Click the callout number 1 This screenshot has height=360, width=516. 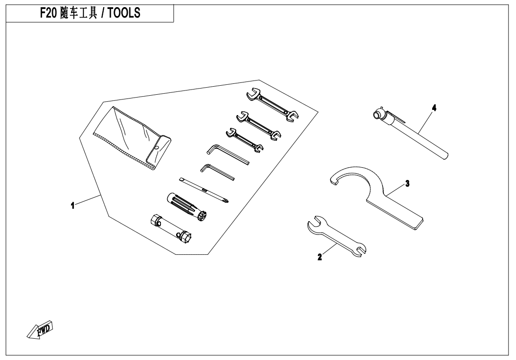[73, 206]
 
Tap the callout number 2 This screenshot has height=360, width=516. [320, 257]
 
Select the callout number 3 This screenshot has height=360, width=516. [408, 183]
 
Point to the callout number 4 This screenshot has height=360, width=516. [434, 108]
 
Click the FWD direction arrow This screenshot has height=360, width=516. [39, 329]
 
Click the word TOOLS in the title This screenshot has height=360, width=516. [124, 13]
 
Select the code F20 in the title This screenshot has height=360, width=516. [49, 13]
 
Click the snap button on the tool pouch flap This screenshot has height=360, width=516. [158, 147]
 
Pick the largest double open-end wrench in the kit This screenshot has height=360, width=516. [272, 105]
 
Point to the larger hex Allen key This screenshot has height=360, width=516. [228, 154]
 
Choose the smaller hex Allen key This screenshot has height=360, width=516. [217, 172]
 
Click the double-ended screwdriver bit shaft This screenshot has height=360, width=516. [204, 190]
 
